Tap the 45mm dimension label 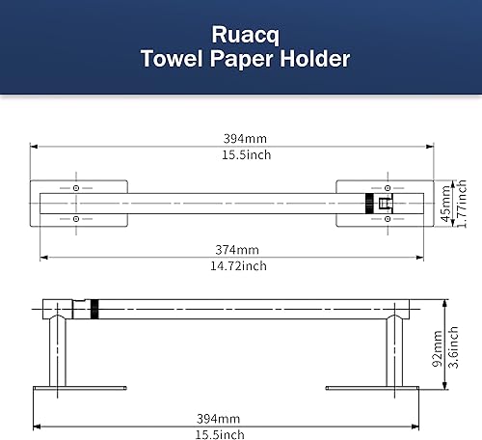(x=445, y=204)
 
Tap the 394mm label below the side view (x=221, y=418)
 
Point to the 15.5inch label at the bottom (x=221, y=433)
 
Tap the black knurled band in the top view (x=369, y=204)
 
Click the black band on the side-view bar (x=94, y=311)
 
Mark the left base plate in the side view (x=80, y=389)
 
